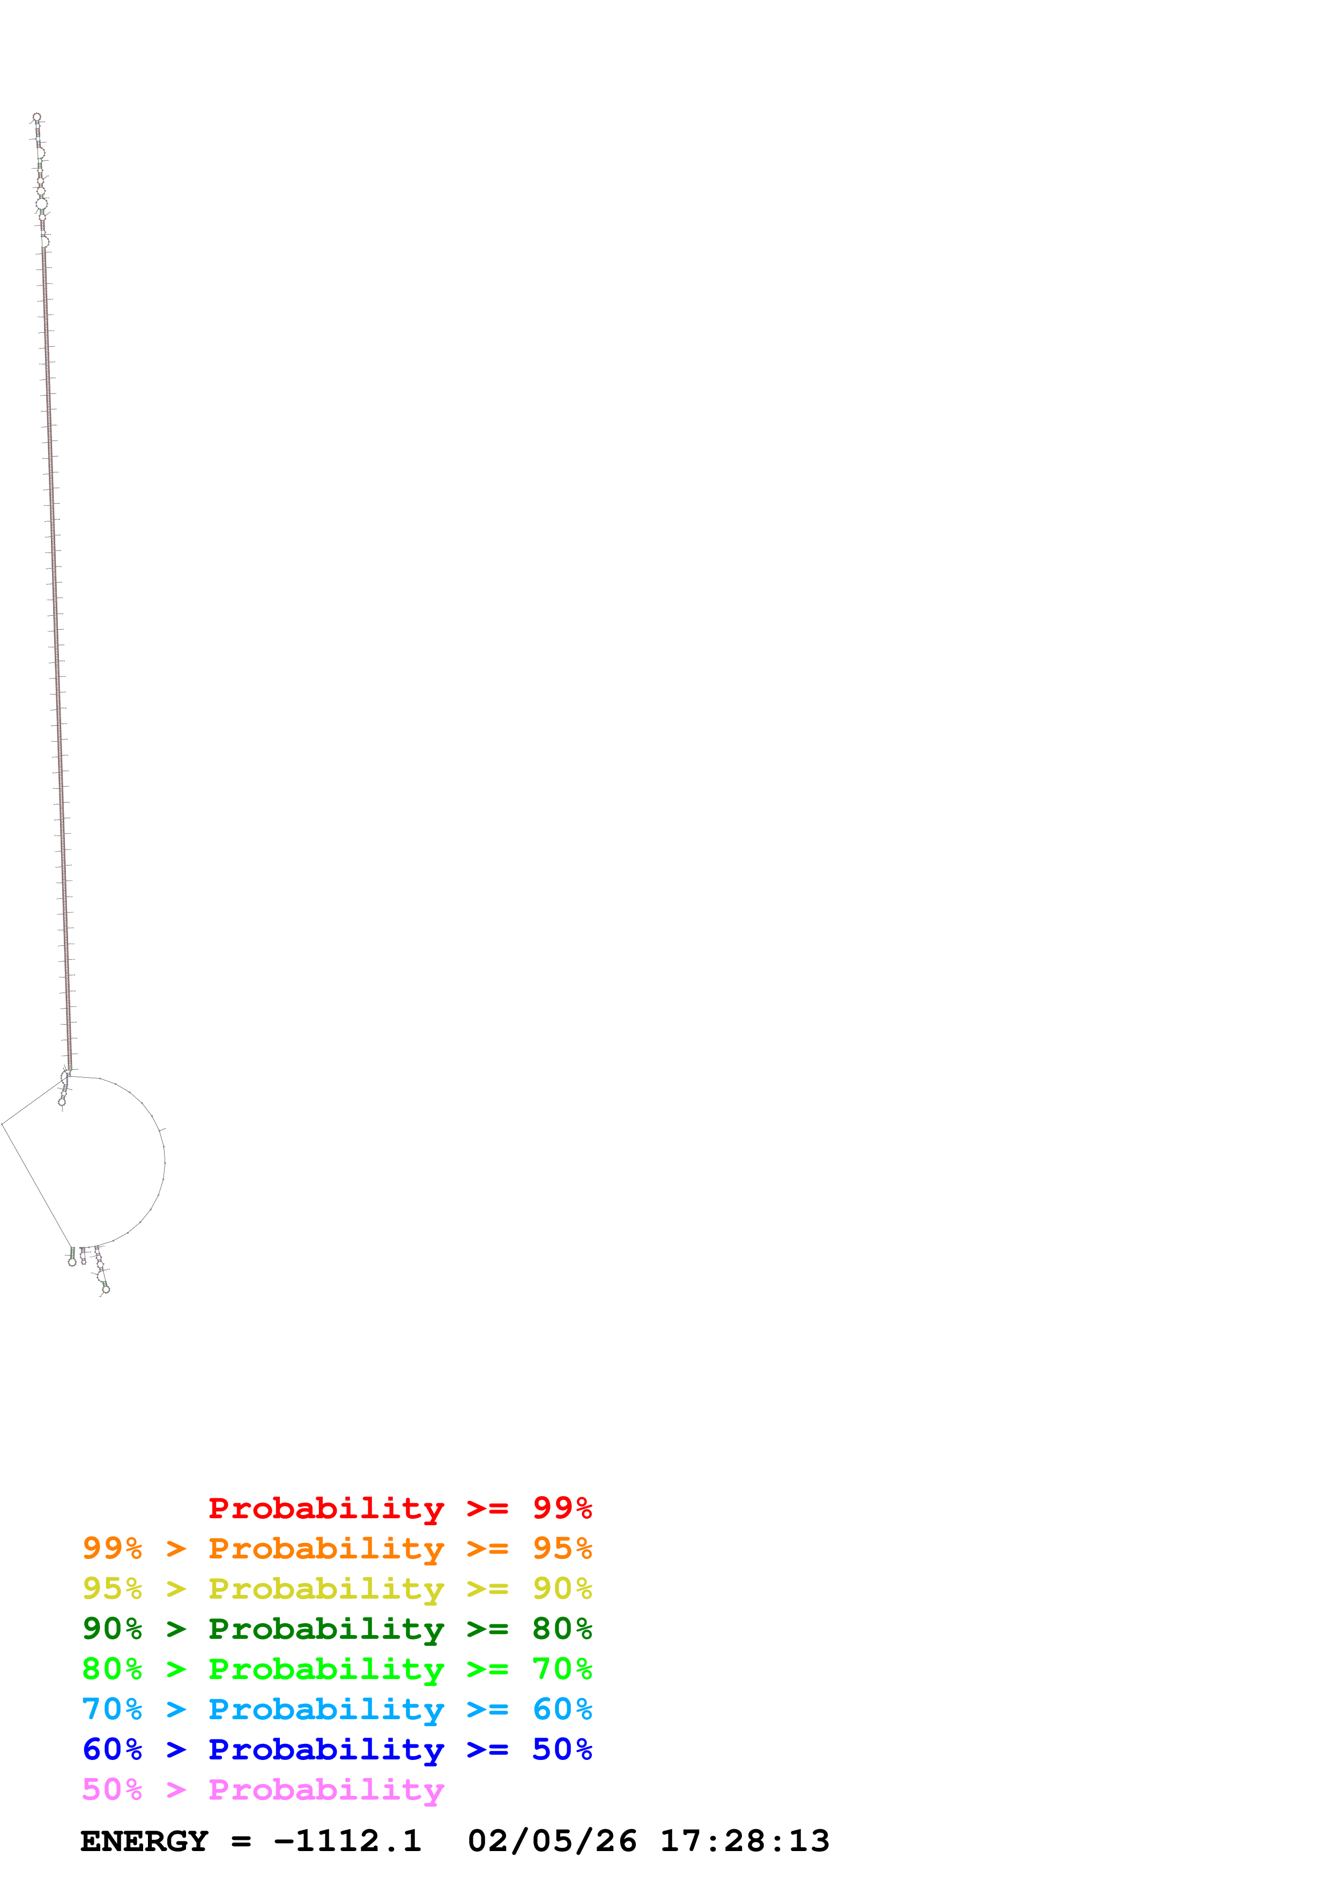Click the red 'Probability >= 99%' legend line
coord(399,1508)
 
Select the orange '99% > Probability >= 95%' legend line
coord(337,1548)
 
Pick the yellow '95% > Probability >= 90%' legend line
coord(337,1588)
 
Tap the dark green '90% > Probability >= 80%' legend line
coord(337,1629)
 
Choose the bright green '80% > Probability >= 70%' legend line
coord(337,1669)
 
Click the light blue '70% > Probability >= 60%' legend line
coord(337,1709)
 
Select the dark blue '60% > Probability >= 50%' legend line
coord(337,1749)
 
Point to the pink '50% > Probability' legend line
coord(262,1789)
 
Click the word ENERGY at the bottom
coord(144,1841)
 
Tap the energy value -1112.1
coord(347,1841)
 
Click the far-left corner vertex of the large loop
coord(3,1123)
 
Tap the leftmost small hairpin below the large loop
coord(72,1262)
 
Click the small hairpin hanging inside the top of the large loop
coord(62,1101)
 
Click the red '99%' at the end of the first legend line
coord(562,1508)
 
